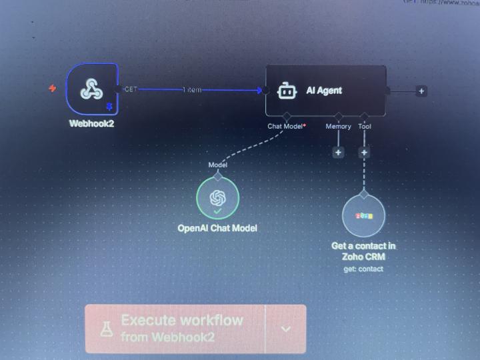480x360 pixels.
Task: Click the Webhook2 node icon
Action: [92, 89]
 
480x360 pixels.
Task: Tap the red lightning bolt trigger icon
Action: [53, 88]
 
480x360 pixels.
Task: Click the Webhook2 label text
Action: [92, 123]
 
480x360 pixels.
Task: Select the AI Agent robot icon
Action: [286, 91]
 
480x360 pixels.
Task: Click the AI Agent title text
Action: [324, 91]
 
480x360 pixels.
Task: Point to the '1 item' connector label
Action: [192, 89]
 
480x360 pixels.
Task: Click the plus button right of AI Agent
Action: [421, 91]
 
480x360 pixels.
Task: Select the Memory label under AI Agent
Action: [338, 125]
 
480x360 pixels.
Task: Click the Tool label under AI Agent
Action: [364, 125]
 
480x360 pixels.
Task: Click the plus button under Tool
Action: [364, 152]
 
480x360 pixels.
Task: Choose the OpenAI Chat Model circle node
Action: [217, 198]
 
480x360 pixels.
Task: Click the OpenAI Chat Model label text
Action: [217, 228]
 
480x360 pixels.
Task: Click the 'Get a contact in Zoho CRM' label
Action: [363, 251]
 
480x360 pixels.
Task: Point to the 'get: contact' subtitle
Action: [363, 269]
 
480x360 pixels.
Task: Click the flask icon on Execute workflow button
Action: [107, 329]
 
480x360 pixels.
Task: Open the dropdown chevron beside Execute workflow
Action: [285, 329]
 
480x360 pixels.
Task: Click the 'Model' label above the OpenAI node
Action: [217, 165]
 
